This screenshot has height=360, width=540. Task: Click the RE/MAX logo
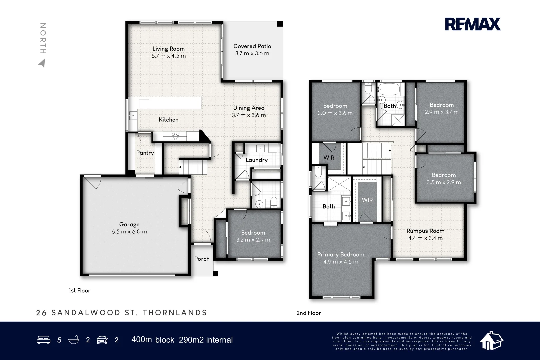coord(473,24)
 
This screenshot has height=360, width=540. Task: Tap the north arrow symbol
coord(42,63)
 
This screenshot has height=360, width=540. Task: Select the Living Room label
coord(168,49)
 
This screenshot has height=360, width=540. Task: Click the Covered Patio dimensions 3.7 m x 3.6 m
coord(252,53)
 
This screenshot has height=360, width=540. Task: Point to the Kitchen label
coord(168,120)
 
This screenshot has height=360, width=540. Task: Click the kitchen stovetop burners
coord(175,136)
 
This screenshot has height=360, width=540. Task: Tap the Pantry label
coord(145,153)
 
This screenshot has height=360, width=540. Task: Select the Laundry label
coord(256,160)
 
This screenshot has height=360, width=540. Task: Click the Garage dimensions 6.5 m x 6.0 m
coord(129,232)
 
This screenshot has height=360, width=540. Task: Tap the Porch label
coord(202,259)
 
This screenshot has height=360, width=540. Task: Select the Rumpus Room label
coord(425,231)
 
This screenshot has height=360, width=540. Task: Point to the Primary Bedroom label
coord(340,255)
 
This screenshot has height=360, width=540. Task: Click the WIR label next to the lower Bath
coord(367,200)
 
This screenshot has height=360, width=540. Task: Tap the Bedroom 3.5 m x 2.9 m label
coord(444,175)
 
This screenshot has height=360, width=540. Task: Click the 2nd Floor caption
coord(308,313)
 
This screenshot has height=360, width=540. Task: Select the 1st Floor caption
coord(79,291)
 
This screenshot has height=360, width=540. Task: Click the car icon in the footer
coord(102,340)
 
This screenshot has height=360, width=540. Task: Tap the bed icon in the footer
coord(43,340)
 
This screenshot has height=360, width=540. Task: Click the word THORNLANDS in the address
coord(175,313)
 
